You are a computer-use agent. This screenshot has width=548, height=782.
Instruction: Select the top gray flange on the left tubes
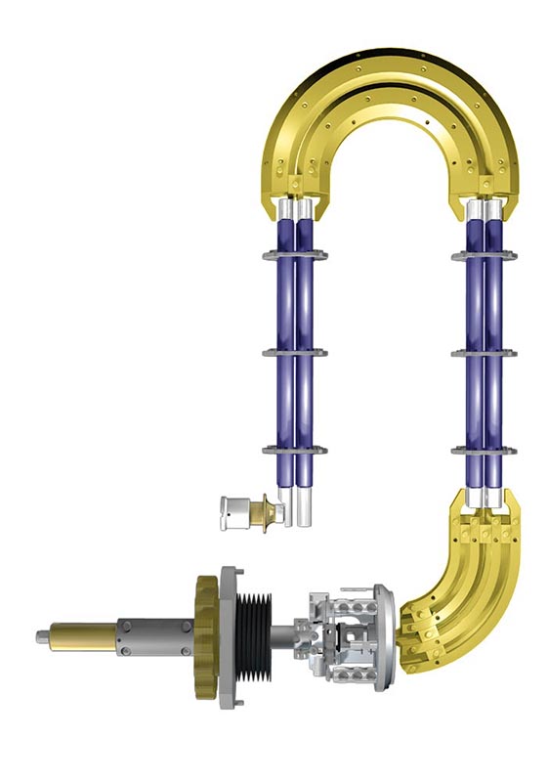pos(295,256)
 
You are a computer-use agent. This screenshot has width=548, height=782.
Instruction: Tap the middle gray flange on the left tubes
pos(295,353)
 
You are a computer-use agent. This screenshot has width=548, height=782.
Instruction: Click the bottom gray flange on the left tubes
pos(295,450)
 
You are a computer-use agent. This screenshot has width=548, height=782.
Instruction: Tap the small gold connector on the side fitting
pos(262,509)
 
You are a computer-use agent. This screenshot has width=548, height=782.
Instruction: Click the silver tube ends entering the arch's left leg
pos(296,208)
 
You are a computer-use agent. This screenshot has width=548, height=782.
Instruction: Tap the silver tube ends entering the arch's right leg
pos(485,208)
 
